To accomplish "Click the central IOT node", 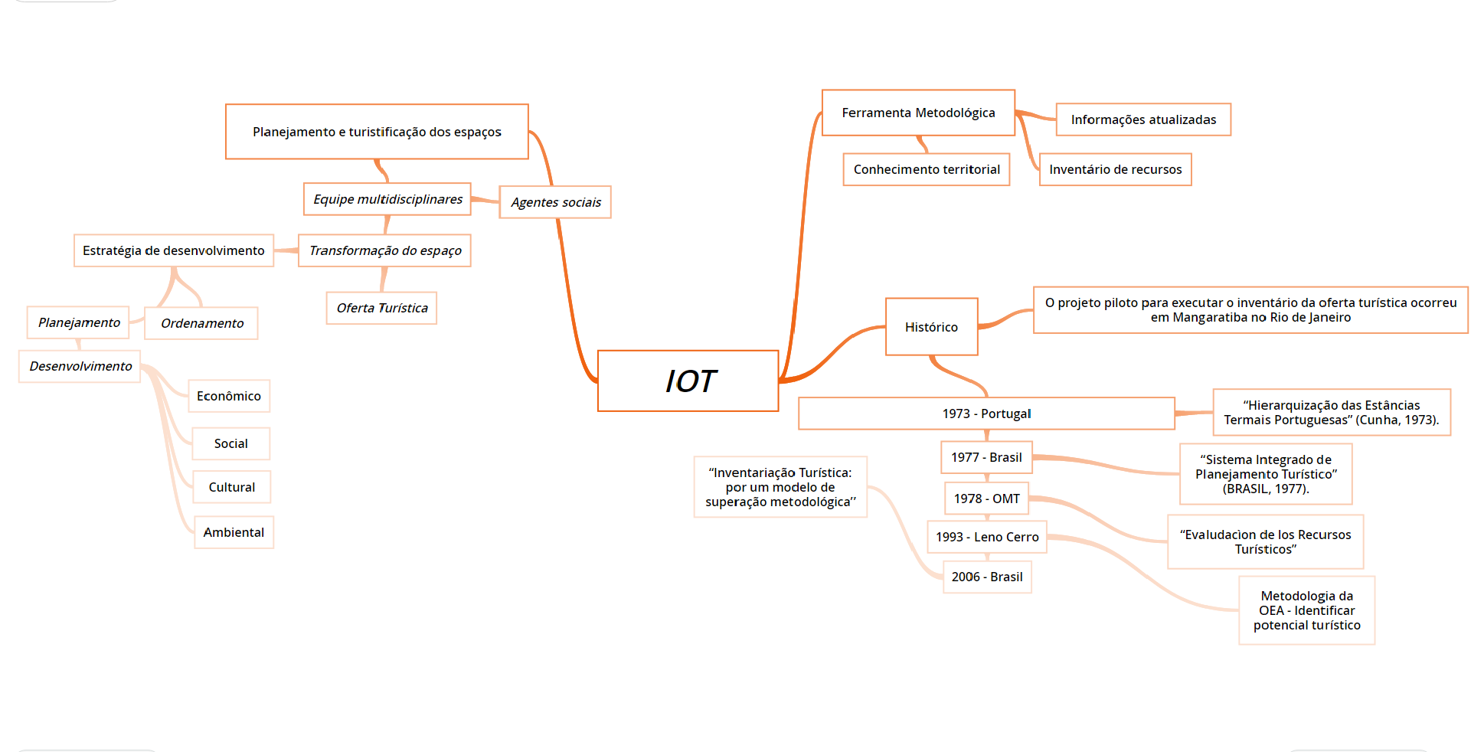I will (688, 381).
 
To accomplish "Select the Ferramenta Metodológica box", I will (918, 113).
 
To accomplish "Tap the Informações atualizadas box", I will (1142, 119).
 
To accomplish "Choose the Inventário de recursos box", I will (1115, 169).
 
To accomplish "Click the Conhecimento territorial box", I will (927, 169).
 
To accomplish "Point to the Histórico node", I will (931, 327).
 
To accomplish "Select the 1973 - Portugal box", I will (986, 414).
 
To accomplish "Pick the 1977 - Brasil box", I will (986, 457).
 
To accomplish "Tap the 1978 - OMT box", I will (986, 499).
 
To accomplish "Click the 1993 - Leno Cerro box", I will (986, 537).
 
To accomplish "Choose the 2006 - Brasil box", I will (986, 577).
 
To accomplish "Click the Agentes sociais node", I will (555, 202).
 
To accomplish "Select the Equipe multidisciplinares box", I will (387, 199).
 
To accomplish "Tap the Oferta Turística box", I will (381, 308).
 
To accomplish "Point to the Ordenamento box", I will (202, 323).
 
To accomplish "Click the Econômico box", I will (228, 396).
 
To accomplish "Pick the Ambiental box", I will (234, 532).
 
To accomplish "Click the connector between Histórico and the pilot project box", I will (1005, 317).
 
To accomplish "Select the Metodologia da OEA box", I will (1306, 610).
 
